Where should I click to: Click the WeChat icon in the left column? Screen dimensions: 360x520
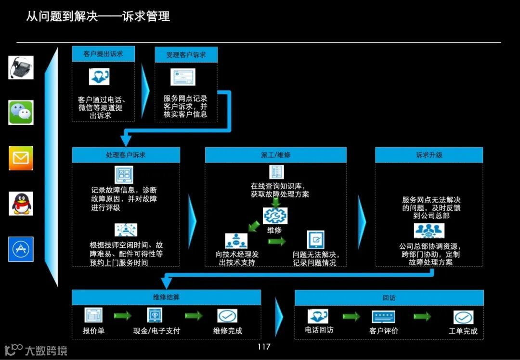(x=21, y=113)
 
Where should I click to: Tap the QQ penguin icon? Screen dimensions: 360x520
(x=21, y=204)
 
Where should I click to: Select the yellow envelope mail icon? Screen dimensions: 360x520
(x=21, y=158)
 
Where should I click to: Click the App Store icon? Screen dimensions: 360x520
(x=21, y=249)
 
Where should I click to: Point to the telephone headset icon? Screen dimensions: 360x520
(x=21, y=67)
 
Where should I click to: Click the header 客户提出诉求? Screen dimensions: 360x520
(x=103, y=54)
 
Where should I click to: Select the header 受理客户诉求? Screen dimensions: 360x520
(x=186, y=55)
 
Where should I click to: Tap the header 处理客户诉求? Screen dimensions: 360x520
(x=126, y=155)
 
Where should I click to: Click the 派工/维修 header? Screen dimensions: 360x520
(x=275, y=155)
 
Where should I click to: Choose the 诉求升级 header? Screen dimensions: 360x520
(x=429, y=155)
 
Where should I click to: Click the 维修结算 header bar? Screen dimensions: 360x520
(x=166, y=297)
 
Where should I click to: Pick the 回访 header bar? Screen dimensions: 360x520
(x=389, y=298)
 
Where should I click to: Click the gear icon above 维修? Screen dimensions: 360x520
(x=275, y=215)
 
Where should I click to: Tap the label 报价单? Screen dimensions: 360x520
(x=93, y=331)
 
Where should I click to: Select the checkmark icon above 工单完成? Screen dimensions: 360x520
(x=463, y=317)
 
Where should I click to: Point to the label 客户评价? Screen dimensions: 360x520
(x=384, y=331)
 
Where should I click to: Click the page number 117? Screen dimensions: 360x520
(x=264, y=347)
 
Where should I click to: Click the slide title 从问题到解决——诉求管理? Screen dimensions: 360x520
(x=98, y=16)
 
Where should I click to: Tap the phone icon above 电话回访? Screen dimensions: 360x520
(x=318, y=316)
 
